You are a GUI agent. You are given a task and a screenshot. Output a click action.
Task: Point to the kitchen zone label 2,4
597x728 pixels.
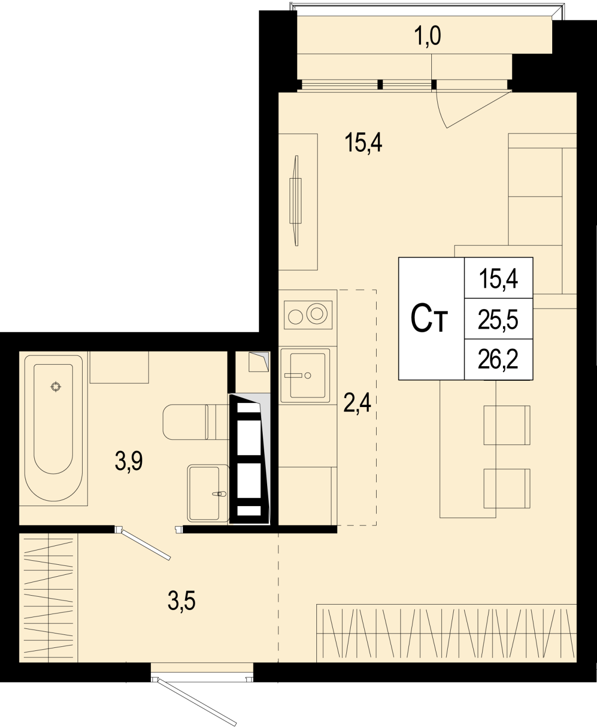pyautogui.click(x=357, y=403)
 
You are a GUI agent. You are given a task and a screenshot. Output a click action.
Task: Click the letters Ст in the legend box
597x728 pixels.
pyautogui.click(x=429, y=318)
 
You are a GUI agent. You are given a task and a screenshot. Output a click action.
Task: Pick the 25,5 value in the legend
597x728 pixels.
pyautogui.click(x=498, y=320)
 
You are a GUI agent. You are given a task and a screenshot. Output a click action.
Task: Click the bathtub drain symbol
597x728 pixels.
pyautogui.click(x=56, y=387)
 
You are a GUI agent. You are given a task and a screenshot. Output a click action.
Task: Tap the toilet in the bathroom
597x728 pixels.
pyautogui.click(x=196, y=422)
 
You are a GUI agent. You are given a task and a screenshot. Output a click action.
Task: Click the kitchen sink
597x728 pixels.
pyautogui.click(x=305, y=376)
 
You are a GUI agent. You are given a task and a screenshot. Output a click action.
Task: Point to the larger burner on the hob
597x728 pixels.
pyautogui.click(x=317, y=314)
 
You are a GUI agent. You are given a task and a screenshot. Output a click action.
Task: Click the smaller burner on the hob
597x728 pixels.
pyautogui.click(x=296, y=316)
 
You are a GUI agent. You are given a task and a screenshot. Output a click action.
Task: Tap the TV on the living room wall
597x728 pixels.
pyautogui.click(x=296, y=201)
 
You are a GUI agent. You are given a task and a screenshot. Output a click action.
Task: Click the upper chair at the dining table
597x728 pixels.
pyautogui.click(x=506, y=425)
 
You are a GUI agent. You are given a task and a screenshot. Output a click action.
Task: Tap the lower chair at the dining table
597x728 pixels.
pyautogui.click(x=506, y=489)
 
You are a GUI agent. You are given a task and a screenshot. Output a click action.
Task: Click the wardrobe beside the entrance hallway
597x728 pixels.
pyautogui.click(x=48, y=598)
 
